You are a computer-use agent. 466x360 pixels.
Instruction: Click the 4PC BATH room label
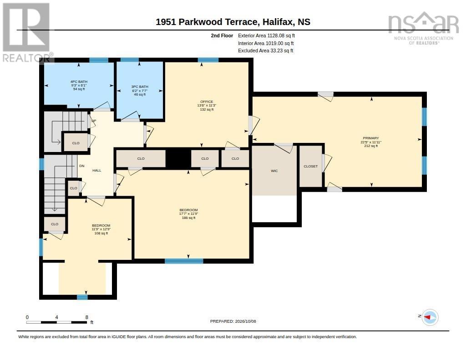click(x=79, y=82)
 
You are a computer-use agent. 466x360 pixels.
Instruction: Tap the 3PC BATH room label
click(x=140, y=87)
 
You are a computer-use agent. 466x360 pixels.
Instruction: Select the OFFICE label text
click(x=207, y=101)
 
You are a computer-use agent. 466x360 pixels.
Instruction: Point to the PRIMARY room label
click(x=371, y=138)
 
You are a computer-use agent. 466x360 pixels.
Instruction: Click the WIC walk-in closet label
click(x=274, y=171)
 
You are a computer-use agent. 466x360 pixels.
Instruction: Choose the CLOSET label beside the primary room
click(x=310, y=166)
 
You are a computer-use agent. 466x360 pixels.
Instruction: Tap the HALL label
click(x=97, y=170)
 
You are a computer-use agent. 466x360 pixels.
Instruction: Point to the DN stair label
click(x=82, y=166)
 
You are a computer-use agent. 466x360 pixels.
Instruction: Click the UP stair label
click(x=94, y=121)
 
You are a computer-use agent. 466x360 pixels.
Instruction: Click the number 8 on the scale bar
click(x=87, y=317)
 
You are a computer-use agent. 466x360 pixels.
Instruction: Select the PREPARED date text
click(x=233, y=321)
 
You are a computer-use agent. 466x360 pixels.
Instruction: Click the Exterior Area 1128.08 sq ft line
click(x=266, y=35)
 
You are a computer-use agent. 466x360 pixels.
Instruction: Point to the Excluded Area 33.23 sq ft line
click(x=266, y=51)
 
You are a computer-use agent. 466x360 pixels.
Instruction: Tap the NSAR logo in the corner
click(x=424, y=28)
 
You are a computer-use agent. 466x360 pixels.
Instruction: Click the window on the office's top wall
click(x=208, y=60)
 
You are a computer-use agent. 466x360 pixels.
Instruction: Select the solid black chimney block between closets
click(x=178, y=158)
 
